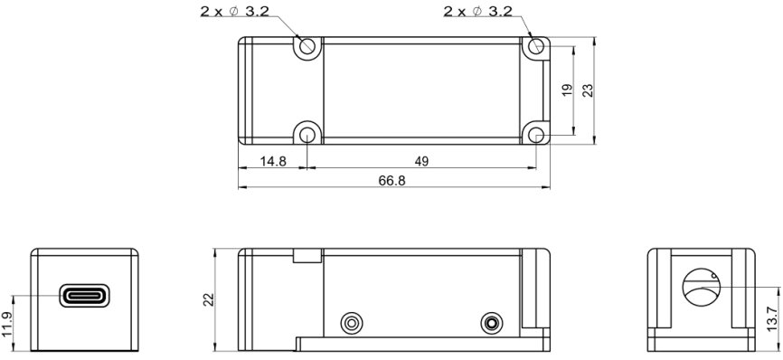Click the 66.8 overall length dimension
[x=392, y=181]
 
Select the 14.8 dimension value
[x=273, y=161]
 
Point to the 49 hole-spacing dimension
[x=421, y=161]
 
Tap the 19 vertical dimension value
[x=567, y=90]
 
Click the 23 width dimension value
[x=588, y=90]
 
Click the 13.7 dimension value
[x=772, y=319]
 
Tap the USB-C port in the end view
[x=84, y=296]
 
